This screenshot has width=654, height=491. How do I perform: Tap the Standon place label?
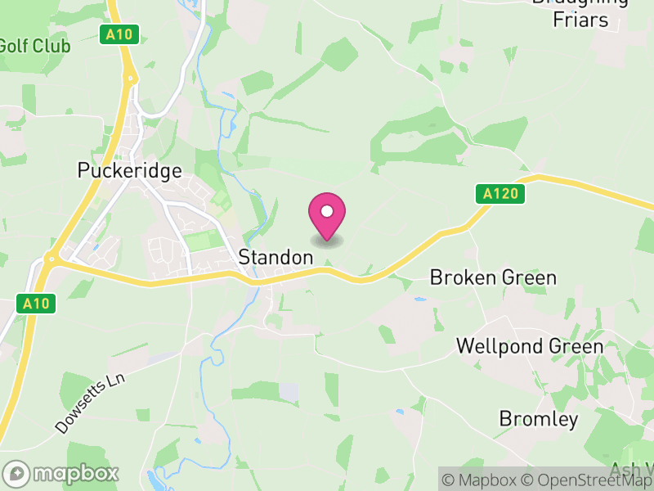(275, 257)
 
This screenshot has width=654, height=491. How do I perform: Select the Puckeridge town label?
(129, 170)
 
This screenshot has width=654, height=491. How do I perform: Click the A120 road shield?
(499, 194)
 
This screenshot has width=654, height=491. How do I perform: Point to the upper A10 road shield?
(119, 34)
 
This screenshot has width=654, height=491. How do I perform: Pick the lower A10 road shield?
(37, 304)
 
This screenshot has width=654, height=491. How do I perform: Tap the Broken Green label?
(493, 277)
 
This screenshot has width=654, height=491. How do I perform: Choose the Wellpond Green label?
(530, 346)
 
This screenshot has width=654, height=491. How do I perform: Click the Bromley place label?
(539, 420)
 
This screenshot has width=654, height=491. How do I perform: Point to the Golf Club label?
(34, 46)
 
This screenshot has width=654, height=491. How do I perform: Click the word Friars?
(580, 20)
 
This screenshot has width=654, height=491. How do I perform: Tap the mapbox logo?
(62, 473)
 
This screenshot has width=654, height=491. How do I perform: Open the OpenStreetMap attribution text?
(590, 480)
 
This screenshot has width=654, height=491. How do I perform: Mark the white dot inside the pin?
(327, 211)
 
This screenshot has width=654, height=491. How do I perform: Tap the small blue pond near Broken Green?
(419, 300)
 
